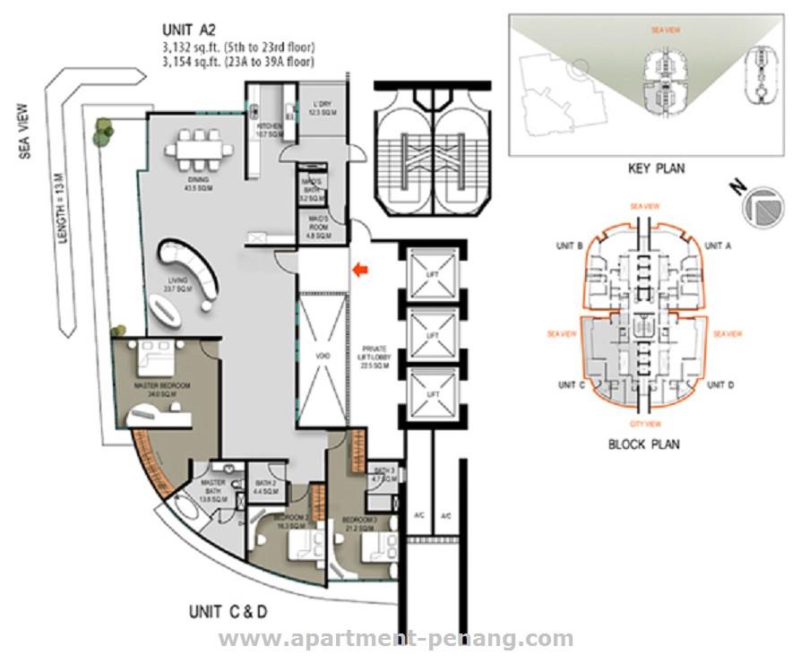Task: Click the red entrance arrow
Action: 360,269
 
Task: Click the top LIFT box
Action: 432,271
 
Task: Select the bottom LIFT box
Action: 432,394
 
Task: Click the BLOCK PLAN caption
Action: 643,444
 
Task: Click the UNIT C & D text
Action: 228,613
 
